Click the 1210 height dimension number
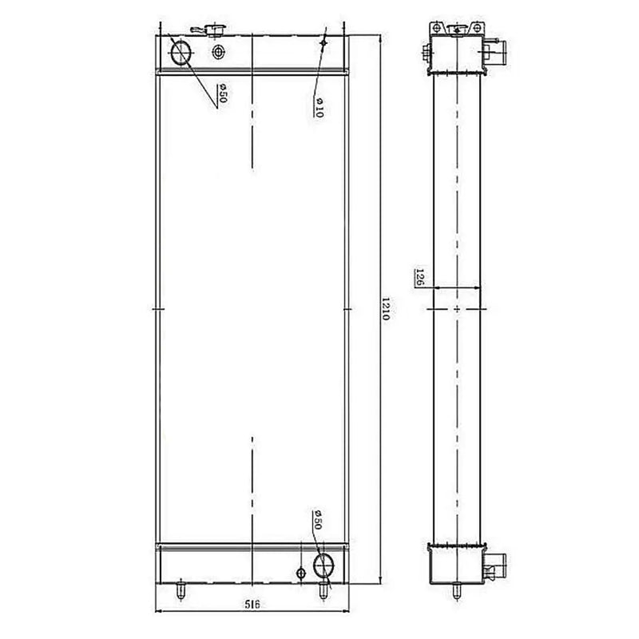[385, 310]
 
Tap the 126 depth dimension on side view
[419, 277]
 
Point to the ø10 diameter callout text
[318, 107]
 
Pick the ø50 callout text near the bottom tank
[317, 520]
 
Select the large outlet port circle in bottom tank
[323, 566]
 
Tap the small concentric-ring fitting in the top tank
[219, 53]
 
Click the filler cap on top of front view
[214, 30]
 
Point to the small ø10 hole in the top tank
[323, 42]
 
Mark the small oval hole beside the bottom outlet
[300, 574]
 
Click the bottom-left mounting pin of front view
[181, 591]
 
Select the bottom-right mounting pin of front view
[323, 591]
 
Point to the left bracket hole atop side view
[436, 27]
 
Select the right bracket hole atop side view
[477, 27]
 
